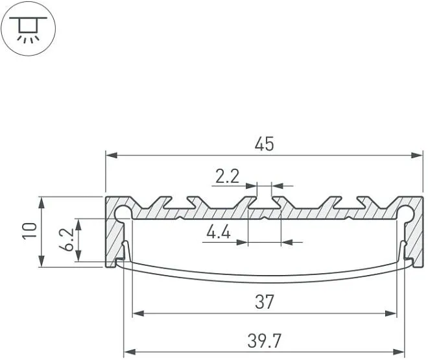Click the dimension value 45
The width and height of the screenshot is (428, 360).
[x=264, y=144]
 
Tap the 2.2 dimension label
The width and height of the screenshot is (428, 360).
[x=227, y=176]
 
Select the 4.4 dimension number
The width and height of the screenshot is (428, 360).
[x=219, y=232]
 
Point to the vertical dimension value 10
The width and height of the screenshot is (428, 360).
[x=29, y=231]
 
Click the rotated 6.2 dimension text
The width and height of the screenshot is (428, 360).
[x=66, y=239]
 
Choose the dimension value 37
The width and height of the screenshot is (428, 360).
[x=264, y=302]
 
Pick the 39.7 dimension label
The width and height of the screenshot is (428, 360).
[x=264, y=341]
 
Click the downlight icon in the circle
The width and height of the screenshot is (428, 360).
[x=28, y=29]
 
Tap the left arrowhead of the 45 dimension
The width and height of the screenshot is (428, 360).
[x=112, y=156]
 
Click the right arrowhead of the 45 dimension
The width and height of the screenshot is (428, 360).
[x=417, y=156]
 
